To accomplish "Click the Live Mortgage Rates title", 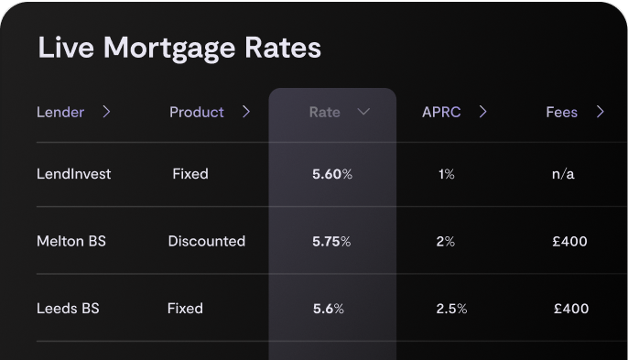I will [179, 48].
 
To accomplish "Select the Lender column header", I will [60, 113].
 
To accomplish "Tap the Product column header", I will [196, 113].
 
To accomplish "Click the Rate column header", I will [324, 113].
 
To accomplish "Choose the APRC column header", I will [441, 113].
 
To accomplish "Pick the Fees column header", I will [561, 113].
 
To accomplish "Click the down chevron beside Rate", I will [363, 112].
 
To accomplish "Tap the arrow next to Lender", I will [107, 112].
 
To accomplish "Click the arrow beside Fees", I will [601, 112].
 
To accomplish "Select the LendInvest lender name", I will [73, 173].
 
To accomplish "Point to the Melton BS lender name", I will [71, 242].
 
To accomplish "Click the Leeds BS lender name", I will [68, 309].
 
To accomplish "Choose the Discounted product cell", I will [207, 242].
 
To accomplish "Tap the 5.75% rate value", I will [332, 242].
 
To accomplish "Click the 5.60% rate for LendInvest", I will [332, 174].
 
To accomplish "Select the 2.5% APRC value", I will [451, 309].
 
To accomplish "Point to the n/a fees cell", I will [563, 174].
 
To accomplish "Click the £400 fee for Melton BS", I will [570, 242].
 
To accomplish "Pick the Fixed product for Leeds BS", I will [185, 309].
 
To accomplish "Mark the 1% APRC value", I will [446, 174].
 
